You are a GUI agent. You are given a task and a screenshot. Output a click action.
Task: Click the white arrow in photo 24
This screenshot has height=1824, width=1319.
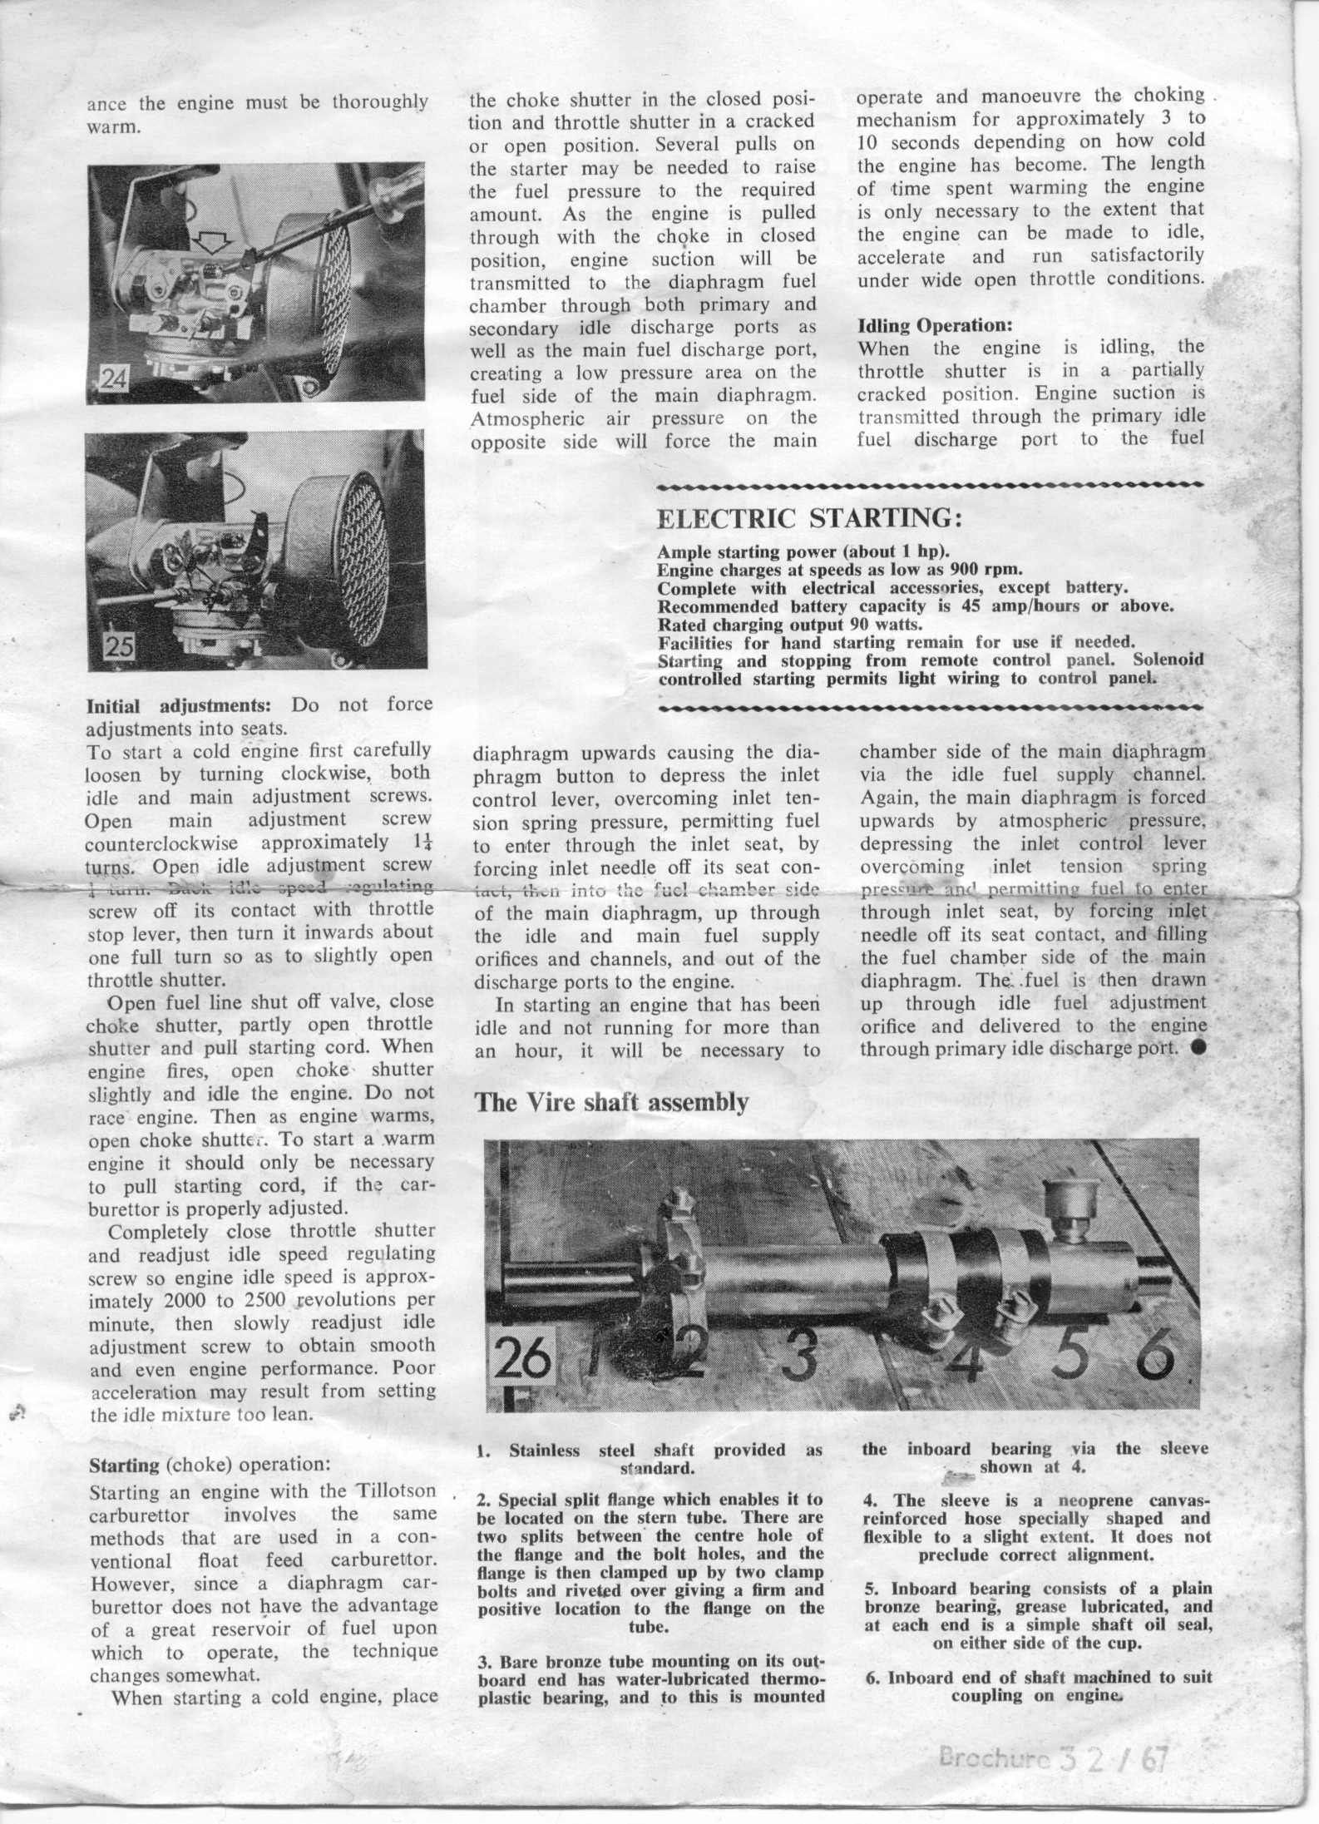point(212,242)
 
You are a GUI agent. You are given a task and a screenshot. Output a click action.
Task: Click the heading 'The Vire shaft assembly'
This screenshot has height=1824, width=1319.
point(611,1102)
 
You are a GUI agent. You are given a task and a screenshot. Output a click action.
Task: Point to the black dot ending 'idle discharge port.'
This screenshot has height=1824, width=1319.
point(1198,1048)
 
